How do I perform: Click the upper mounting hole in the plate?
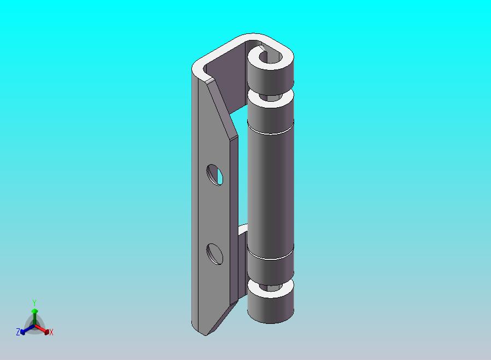click(215, 175)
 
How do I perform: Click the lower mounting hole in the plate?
click(215, 254)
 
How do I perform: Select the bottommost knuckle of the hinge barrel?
click(270, 306)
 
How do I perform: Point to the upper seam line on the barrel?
click(270, 133)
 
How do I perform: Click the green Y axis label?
click(34, 303)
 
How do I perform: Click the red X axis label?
click(51, 332)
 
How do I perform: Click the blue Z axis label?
click(17, 332)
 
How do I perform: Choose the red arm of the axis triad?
click(42, 329)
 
